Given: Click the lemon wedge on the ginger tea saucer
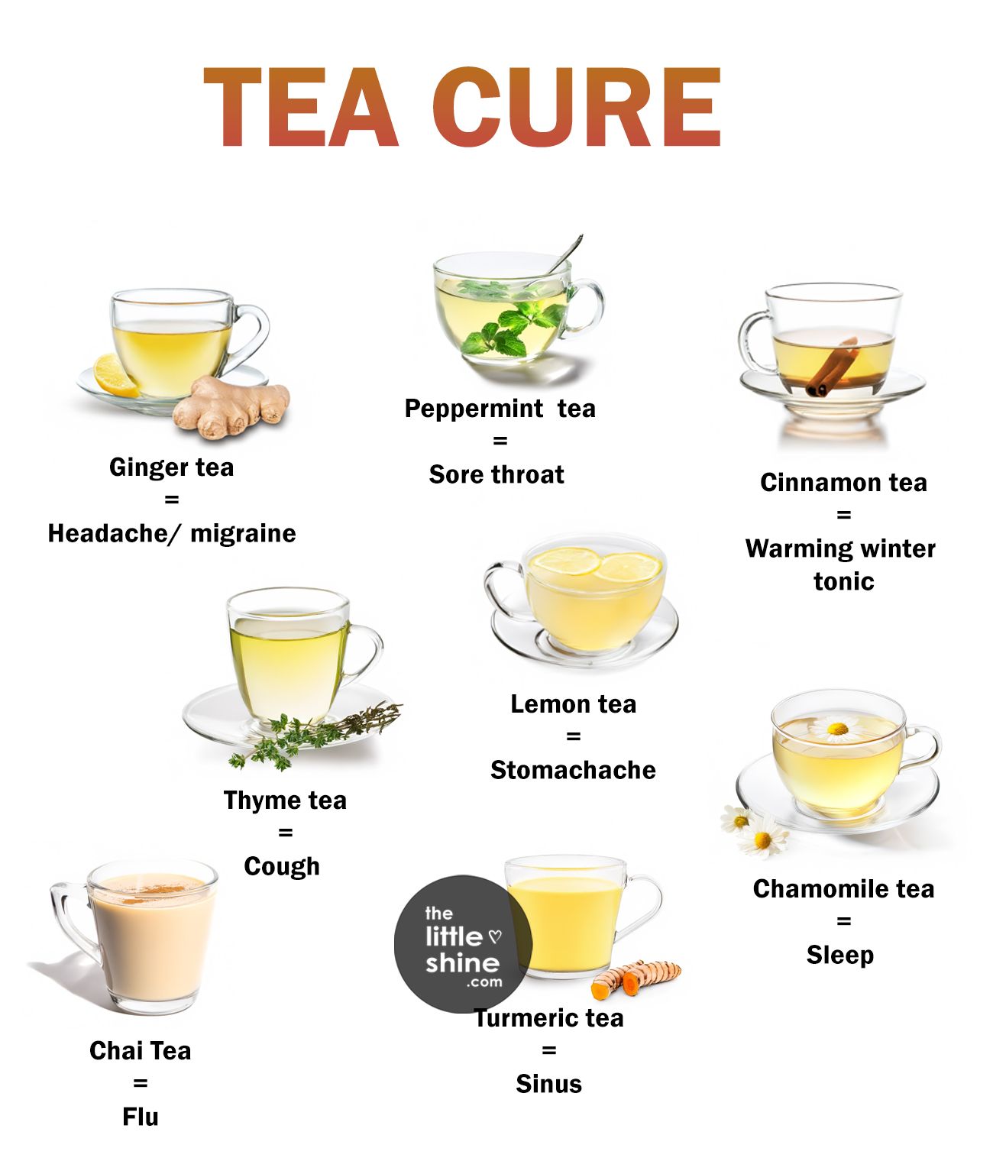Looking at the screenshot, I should (115, 376).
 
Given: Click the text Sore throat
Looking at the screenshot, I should (496, 474).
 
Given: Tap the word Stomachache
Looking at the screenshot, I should (573, 770).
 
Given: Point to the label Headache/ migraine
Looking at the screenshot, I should (172, 533).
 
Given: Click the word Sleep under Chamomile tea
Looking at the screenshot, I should (840, 955).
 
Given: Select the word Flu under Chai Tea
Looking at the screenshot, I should (141, 1117).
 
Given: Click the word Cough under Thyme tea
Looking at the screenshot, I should (282, 866).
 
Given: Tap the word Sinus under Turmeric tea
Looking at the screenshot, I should (548, 1084).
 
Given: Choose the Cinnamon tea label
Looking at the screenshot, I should (843, 483).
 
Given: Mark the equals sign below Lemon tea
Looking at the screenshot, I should (573, 737).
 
